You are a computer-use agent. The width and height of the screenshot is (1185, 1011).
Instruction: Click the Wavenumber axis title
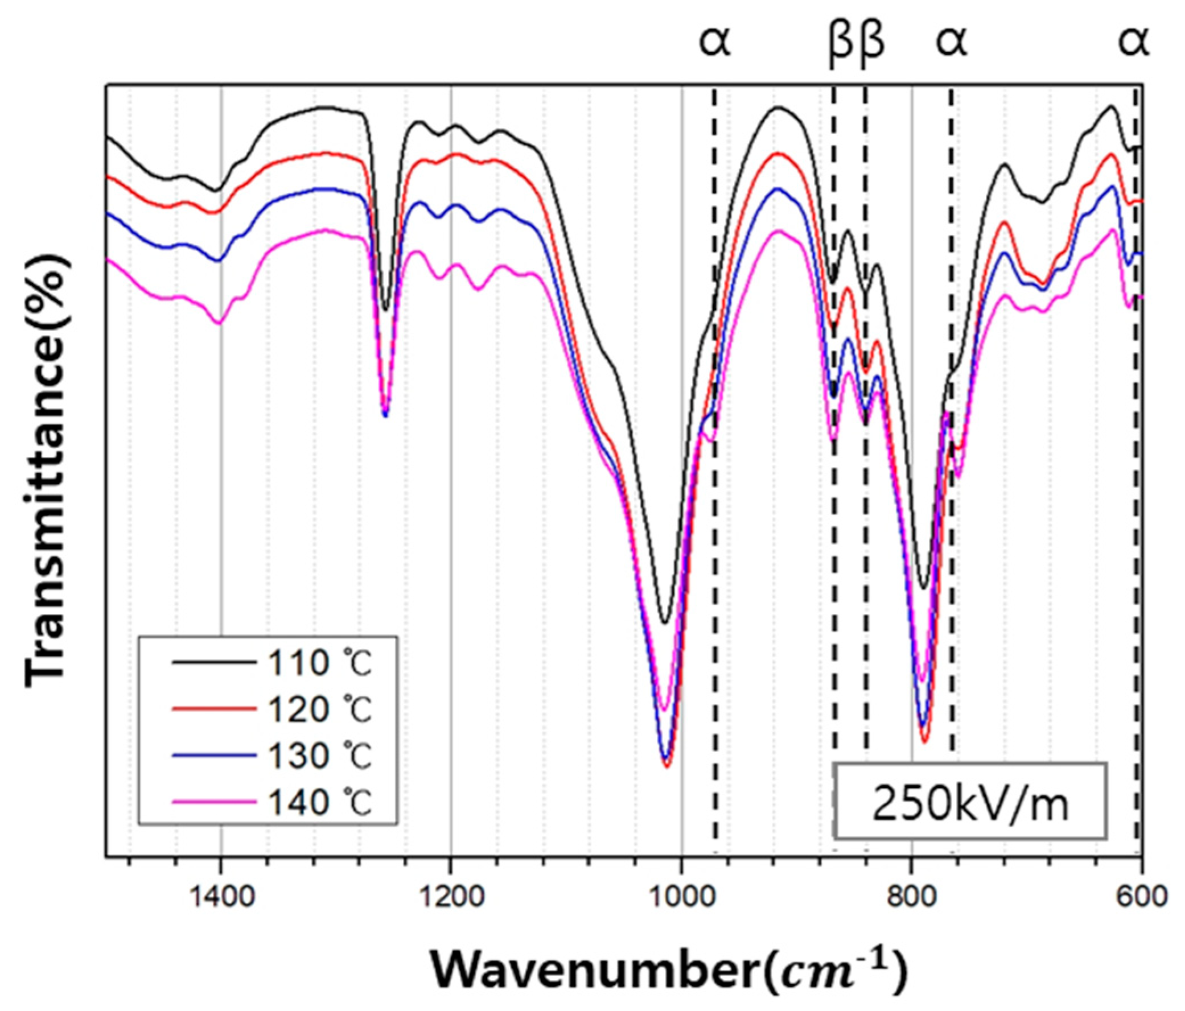pos(668,971)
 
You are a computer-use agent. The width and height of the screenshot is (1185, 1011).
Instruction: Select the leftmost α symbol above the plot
pos(715,43)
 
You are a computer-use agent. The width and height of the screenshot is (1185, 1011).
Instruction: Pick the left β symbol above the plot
pos(841,43)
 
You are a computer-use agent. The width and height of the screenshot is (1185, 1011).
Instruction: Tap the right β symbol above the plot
pos(872,43)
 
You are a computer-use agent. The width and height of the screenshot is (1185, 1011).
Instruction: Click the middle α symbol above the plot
pos(952,43)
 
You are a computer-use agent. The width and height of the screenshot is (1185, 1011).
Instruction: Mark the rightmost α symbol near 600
pos(1134,43)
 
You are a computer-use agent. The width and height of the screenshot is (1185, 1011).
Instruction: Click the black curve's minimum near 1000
pos(665,623)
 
